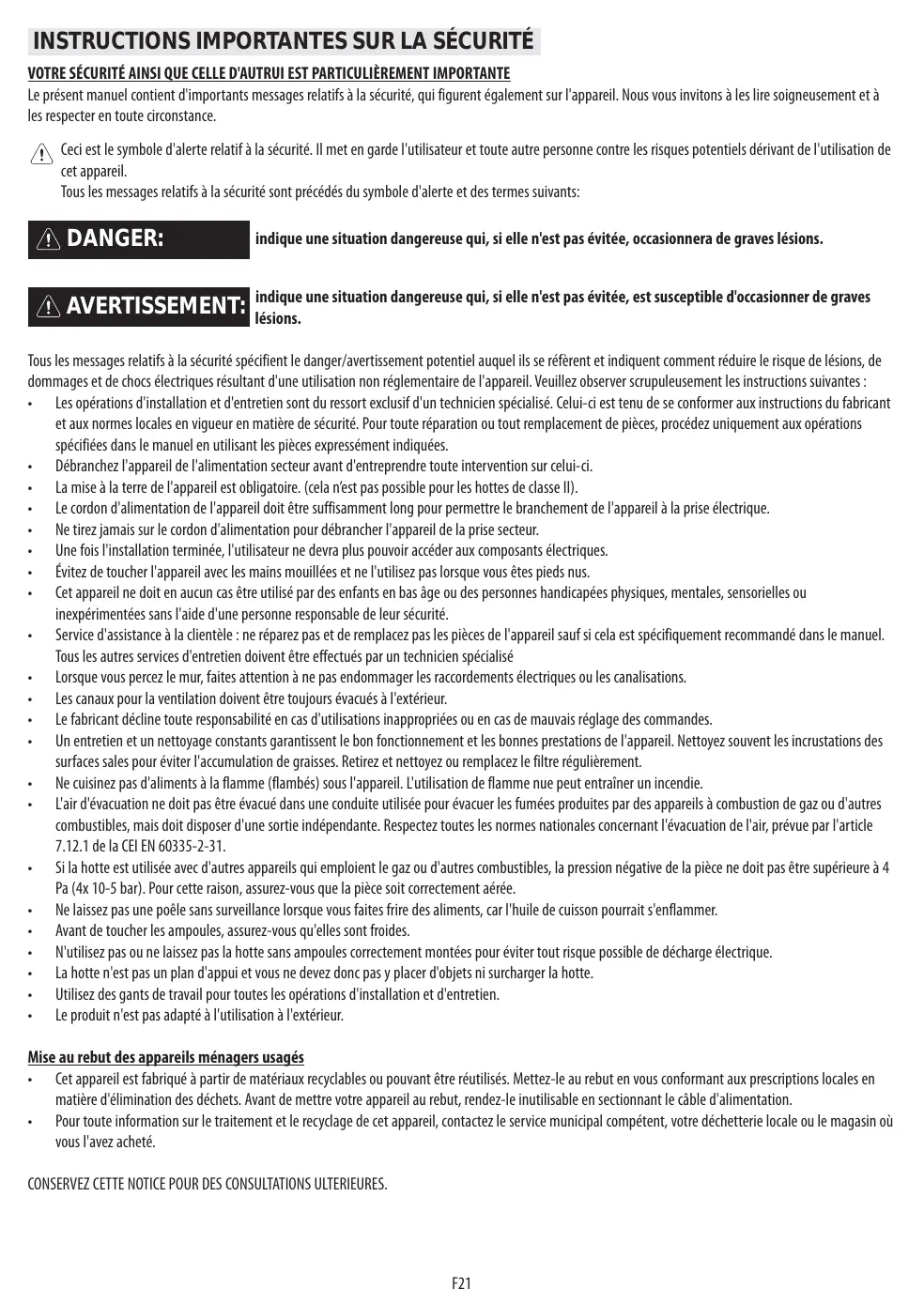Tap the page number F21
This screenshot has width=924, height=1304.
click(x=461, y=1282)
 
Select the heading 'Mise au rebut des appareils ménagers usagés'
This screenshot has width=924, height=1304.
click(x=165, y=1057)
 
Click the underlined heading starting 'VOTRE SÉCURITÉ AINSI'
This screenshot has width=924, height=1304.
click(x=269, y=73)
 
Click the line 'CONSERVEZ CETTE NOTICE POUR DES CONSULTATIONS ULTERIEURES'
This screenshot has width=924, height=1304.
click(x=207, y=1184)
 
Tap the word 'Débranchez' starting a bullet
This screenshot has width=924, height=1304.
click(x=83, y=466)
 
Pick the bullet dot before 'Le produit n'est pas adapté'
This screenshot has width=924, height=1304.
click(x=32, y=1017)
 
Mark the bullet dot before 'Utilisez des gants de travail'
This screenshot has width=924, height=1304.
click(x=32, y=995)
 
